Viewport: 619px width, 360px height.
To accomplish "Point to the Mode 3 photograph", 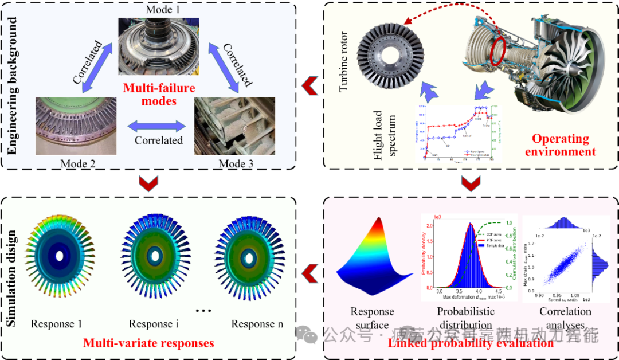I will tap(227, 127).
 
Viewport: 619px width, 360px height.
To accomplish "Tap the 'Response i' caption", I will tap(153, 324).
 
